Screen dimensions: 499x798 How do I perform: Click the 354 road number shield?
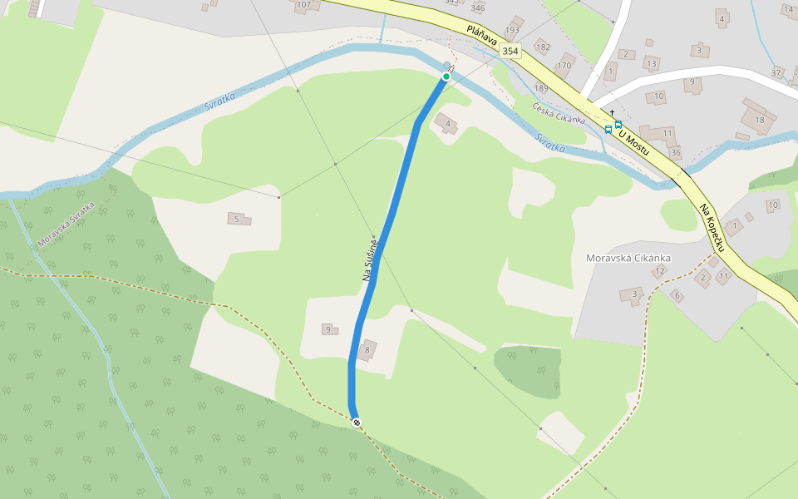coord(510,52)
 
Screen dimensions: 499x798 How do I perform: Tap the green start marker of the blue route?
coord(446,77)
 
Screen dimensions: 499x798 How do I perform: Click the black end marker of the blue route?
coord(357,423)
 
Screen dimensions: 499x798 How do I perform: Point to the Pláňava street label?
coord(481,35)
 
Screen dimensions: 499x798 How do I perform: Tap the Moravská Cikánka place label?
coord(628,258)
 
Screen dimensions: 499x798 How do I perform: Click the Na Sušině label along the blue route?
coord(371,259)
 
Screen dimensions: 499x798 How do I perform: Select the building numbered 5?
coord(239,219)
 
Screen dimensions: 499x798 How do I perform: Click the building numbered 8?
coord(367,349)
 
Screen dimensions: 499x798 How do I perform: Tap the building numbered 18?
coord(758,117)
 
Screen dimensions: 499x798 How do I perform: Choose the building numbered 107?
coord(304,5)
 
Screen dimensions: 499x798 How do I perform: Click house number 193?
coord(512,30)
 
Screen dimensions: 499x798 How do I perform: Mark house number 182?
coord(543,47)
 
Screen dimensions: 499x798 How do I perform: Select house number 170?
coord(564,65)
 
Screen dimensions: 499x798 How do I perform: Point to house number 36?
coord(675,152)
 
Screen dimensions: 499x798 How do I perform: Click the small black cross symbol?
coord(612,112)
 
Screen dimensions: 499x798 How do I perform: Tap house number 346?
coord(477,8)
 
